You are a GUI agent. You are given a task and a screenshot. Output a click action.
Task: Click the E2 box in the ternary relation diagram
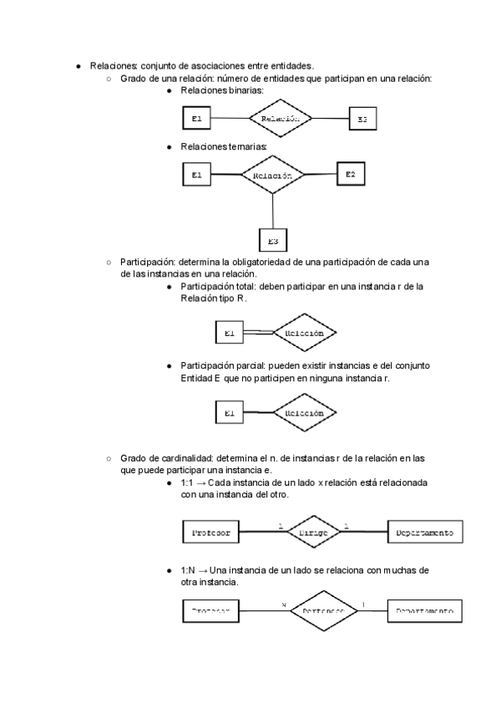[x=351, y=174]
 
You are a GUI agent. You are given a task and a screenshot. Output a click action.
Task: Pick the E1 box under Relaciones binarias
[x=196, y=119]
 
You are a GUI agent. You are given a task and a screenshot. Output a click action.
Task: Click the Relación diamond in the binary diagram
[x=280, y=119]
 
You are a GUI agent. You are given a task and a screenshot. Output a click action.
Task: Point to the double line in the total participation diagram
[x=258, y=333]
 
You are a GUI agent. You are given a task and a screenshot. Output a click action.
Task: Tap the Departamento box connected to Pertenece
[x=424, y=611]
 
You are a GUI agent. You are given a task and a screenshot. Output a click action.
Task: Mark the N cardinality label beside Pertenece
[x=284, y=604]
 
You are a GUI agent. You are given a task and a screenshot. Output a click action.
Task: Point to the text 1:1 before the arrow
[x=187, y=482]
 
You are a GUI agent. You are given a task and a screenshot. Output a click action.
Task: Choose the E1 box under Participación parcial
[x=230, y=413]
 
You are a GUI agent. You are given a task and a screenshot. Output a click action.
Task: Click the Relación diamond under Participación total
[x=305, y=333]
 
